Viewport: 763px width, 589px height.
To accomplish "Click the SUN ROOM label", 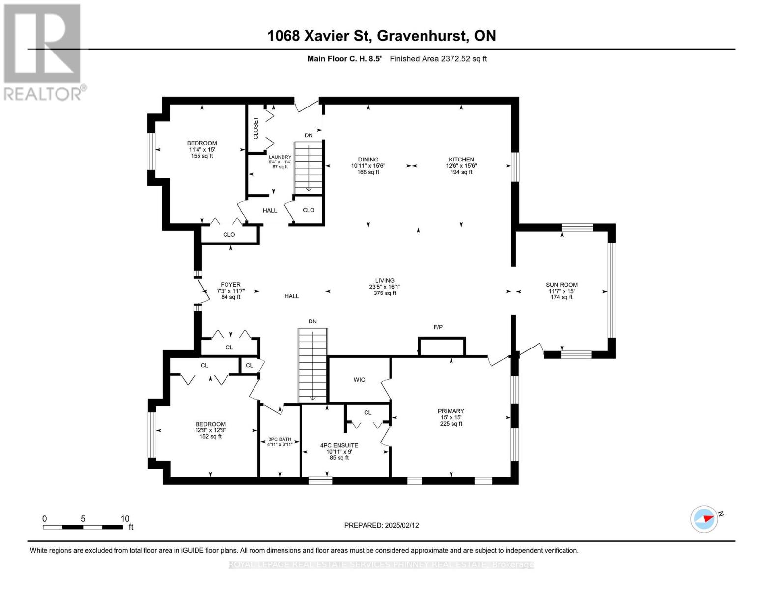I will (562, 285).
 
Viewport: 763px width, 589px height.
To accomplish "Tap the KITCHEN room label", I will (461, 160).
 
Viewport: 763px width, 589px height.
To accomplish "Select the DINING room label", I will (368, 160).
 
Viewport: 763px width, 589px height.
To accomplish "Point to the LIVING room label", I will (385, 281).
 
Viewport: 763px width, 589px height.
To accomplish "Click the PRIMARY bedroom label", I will (451, 411).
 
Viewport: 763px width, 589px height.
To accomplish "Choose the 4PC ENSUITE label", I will (339, 445).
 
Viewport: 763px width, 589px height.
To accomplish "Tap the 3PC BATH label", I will (280, 439).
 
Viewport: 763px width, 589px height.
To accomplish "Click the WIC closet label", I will (359, 380).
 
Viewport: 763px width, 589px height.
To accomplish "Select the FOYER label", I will (230, 285).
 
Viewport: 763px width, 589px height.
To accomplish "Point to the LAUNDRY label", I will (280, 157).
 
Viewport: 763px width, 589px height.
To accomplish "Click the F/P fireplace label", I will (438, 327).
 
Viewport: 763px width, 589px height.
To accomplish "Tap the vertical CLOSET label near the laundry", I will (255, 128).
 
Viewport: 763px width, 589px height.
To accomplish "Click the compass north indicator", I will (705, 519).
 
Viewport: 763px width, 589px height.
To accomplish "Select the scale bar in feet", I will (83, 527).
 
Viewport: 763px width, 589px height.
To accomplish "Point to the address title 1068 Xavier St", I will (381, 36).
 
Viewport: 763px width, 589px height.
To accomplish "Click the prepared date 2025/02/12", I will (381, 525).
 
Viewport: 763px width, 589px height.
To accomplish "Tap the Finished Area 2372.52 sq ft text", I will (438, 59).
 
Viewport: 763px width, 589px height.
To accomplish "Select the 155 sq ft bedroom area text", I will (202, 156).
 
